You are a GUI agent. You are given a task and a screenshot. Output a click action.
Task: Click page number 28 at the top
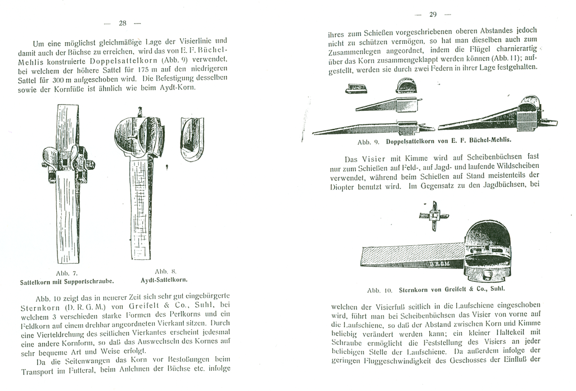(123, 23)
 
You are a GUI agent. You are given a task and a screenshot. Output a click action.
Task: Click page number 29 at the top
(433, 15)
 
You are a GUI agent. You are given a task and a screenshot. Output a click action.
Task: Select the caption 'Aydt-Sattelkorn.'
(163, 279)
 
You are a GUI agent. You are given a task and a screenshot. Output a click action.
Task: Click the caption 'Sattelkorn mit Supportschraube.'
(67, 280)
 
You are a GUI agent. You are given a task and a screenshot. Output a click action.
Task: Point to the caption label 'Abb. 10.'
(379, 291)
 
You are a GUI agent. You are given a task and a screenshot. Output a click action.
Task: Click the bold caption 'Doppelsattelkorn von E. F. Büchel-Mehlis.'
(448, 143)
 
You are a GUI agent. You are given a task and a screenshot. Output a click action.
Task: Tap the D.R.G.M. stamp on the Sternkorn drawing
(442, 263)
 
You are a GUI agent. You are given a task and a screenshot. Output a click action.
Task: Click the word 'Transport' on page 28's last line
(40, 371)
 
